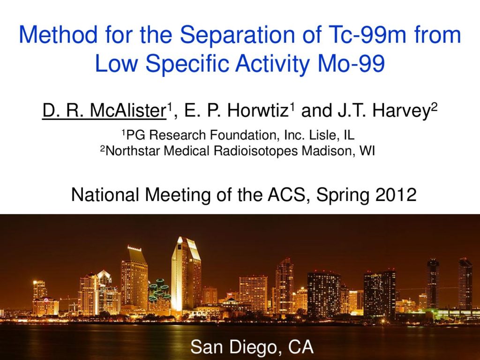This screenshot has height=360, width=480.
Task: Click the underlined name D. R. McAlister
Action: pyautogui.click(x=104, y=111)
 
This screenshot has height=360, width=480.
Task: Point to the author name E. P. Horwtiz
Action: pyautogui.click(x=235, y=111)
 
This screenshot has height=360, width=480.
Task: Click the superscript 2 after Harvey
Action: pyautogui.click(x=434, y=106)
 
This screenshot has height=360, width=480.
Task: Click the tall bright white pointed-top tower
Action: pyautogui.click(x=186, y=274)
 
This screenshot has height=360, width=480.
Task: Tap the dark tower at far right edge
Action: pyautogui.click(x=465, y=284)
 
